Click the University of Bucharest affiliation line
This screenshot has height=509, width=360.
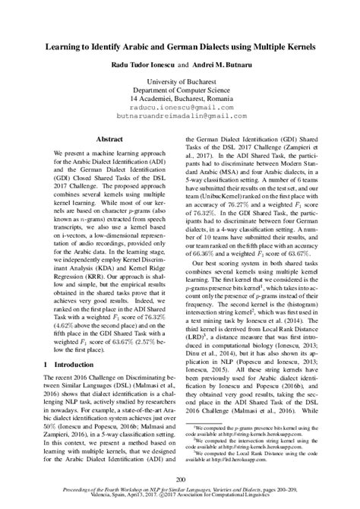tap(180, 81)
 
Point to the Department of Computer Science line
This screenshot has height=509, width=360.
tap(180, 90)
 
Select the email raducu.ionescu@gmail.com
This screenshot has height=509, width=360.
tap(180, 109)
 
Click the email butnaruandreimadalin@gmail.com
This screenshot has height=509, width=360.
tap(180, 118)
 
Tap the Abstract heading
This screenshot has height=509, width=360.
tap(111, 140)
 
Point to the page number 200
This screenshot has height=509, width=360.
tap(180, 479)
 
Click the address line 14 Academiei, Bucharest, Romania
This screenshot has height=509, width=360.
tap(180, 100)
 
